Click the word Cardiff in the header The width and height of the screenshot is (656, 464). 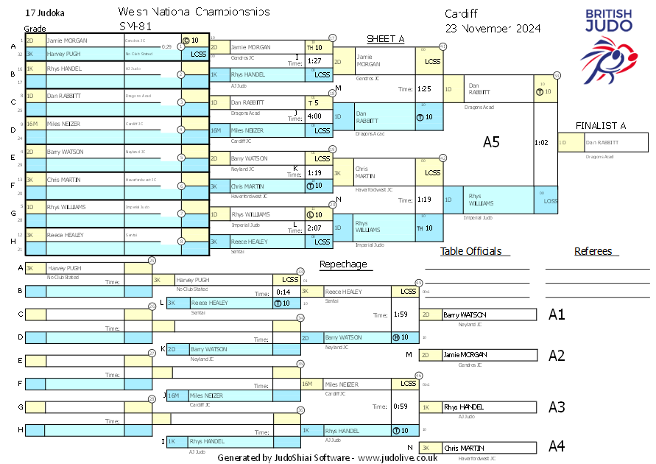pos(462,13)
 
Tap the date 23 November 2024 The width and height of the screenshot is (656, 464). pos(493,28)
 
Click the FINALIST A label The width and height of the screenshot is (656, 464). pos(601,126)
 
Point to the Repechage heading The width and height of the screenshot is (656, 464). pos(342,264)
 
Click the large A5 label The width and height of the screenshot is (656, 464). pos(491,142)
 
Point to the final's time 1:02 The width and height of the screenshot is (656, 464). pos(542,143)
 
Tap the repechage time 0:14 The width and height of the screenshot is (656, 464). pos(283,293)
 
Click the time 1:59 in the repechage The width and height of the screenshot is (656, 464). pos(401,314)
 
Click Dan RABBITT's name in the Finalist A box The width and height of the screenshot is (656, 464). pos(602,143)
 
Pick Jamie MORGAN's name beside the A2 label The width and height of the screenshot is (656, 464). pos(465,355)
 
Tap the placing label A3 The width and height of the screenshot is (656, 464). pos(557,407)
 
